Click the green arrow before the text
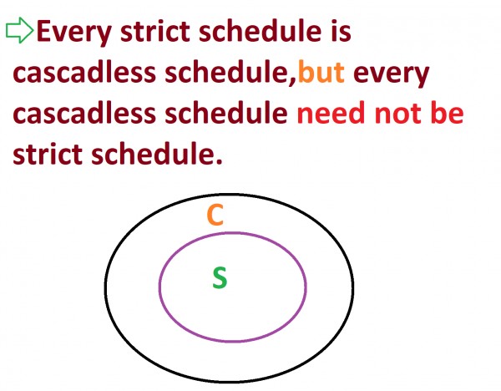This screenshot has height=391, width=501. point(18,31)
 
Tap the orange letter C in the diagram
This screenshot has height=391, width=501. point(215,216)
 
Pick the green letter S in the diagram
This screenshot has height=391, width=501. point(219,278)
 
